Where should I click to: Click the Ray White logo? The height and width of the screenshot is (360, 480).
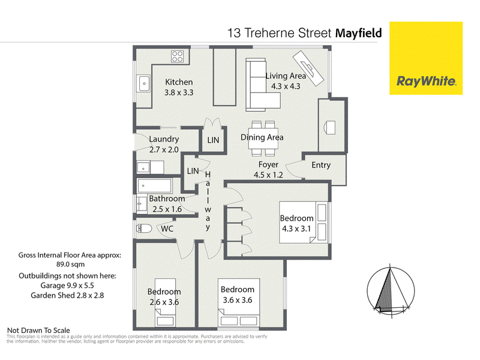pos(426,58)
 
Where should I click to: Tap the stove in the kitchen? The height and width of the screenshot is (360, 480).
pos(178,56)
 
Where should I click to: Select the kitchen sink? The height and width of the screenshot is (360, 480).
pos(144,83)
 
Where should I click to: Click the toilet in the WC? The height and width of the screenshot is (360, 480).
pos(144,229)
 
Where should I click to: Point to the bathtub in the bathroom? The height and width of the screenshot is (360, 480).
pos(155,185)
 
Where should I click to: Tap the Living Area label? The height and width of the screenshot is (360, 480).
pos(286,76)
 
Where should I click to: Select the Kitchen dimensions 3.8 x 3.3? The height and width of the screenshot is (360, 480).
pos(179,92)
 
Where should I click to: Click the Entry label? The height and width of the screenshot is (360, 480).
pos(321,166)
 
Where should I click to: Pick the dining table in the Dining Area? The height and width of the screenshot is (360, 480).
pos(263,138)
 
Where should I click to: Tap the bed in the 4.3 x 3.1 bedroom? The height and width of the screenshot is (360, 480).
pos(304,222)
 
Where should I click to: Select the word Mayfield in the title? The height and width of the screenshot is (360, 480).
pos(359,33)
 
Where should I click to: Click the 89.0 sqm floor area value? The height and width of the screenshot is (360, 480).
pos(70,264)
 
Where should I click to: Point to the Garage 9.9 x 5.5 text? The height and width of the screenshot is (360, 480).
pos(67,286)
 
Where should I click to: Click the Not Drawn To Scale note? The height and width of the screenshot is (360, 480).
pos(38,331)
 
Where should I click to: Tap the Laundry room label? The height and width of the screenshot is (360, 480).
pos(164,139)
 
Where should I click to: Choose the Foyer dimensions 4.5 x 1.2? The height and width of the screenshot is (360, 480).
pos(268,175)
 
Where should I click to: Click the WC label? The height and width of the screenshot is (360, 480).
pos(167,229)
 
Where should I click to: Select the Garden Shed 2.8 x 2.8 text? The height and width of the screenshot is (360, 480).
pos(67,295)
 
